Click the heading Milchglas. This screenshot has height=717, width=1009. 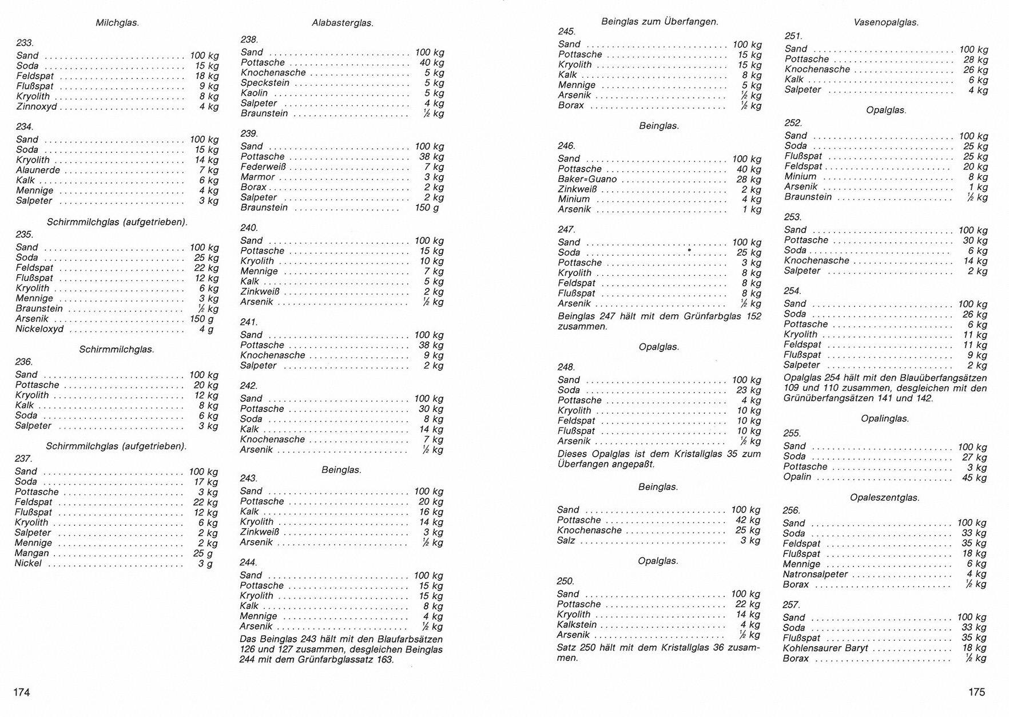pos(117,23)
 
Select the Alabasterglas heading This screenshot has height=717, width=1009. pos(342,23)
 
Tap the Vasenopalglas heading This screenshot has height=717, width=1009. pos(885,23)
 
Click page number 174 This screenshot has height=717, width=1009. pos(22,692)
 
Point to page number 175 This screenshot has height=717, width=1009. pos(976,692)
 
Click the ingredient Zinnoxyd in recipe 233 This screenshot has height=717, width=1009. pos(37,107)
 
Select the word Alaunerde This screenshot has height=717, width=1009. pos(38,171)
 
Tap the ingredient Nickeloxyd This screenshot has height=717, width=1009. pos(39,330)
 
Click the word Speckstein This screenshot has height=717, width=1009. pos(265,83)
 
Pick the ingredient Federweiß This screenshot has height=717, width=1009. pos(263,167)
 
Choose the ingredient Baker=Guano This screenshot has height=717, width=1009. pos(587,180)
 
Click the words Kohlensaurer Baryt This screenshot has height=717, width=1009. pos(825,648)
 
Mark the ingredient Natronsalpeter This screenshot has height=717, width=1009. pos(815,575)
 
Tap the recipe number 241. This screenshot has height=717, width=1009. pos(249,322)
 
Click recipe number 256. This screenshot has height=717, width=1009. pos(791,510)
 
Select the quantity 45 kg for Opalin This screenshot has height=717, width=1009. pos(974,478)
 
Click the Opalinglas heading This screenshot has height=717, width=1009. pos(884,419)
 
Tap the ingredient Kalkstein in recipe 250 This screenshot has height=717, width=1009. pos(577,625)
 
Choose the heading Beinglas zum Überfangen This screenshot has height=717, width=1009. pos(660,22)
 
